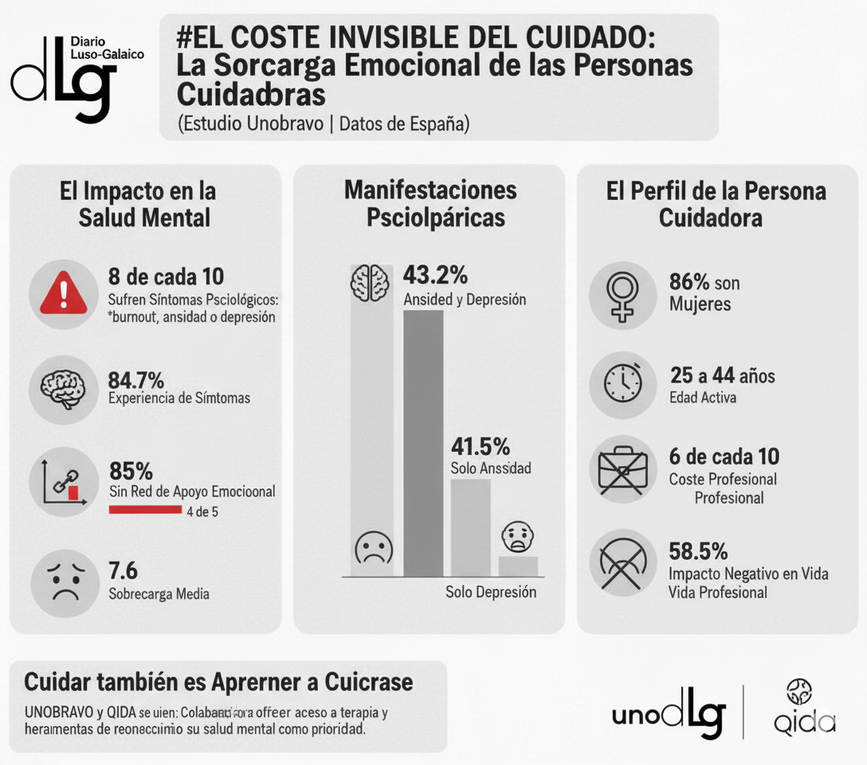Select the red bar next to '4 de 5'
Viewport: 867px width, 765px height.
[x=145, y=509]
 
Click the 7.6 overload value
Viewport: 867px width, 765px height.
[x=123, y=571]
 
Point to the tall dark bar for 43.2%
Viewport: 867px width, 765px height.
[x=423, y=442]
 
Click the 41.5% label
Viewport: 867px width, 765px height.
[x=481, y=445]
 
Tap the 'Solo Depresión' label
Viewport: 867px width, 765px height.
[x=491, y=592]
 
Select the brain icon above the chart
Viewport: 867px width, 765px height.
[x=370, y=280]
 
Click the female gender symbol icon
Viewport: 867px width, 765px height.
[x=622, y=296]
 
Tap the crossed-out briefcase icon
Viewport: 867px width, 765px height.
[x=622, y=470]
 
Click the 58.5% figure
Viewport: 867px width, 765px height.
[x=698, y=551]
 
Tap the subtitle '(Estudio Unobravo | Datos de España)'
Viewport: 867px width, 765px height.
[x=324, y=124]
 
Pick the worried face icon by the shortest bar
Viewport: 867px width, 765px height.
[x=518, y=537]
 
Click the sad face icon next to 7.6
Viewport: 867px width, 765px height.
[x=65, y=581]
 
